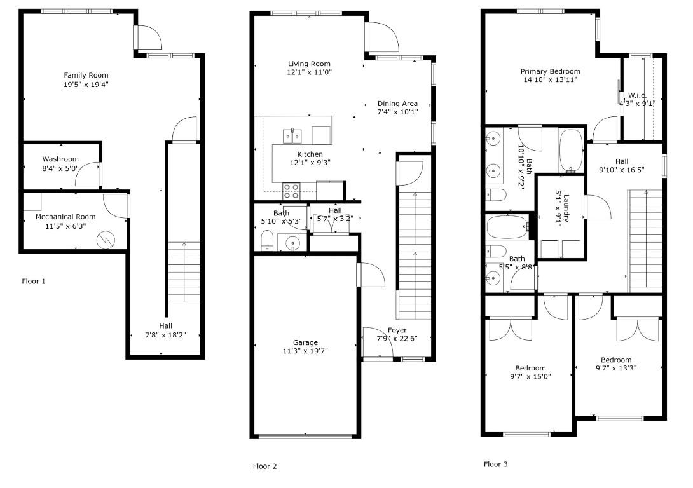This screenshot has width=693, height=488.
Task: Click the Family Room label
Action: (x=86, y=76)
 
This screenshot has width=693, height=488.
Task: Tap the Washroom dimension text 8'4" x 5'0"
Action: (x=60, y=168)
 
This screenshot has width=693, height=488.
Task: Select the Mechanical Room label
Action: (x=65, y=217)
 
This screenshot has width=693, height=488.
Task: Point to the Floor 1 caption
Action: (x=34, y=281)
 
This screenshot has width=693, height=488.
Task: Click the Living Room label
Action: (x=309, y=64)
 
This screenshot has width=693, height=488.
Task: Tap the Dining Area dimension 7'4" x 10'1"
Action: (x=397, y=112)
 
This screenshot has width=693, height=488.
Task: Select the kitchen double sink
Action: (x=292, y=136)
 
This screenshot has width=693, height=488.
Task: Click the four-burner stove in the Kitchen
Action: (x=291, y=191)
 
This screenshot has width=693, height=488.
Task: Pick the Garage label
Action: (x=305, y=342)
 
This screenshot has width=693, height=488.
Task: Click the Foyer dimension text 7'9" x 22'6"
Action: (x=397, y=339)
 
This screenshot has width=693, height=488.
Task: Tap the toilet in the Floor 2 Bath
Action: (x=267, y=240)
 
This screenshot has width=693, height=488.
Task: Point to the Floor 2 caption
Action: (x=264, y=466)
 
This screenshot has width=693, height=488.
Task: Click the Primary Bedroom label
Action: (x=550, y=72)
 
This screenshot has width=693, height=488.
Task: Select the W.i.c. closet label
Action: (x=637, y=95)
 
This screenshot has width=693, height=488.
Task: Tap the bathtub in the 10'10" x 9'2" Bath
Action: (x=572, y=151)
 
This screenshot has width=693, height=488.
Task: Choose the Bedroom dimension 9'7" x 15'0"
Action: (x=530, y=377)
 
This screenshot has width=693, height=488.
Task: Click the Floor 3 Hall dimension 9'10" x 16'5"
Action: (x=621, y=170)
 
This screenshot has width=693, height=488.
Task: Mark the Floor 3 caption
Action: (x=495, y=464)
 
